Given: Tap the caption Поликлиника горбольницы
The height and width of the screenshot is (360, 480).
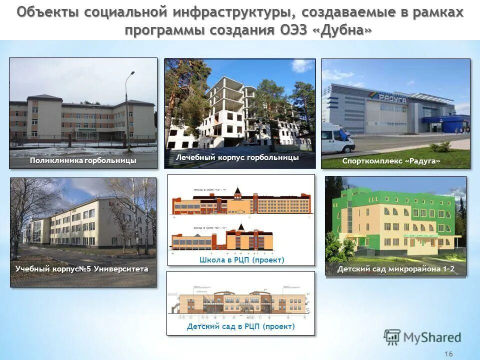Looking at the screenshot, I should pyautogui.click(x=83, y=160).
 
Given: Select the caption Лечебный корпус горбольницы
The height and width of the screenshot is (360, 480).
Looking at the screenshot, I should pyautogui.click(x=237, y=157).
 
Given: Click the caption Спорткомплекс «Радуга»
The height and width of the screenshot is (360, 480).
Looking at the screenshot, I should pyautogui.click(x=391, y=160).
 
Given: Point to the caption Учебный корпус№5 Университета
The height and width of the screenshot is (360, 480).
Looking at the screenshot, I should pyautogui.click(x=82, y=269).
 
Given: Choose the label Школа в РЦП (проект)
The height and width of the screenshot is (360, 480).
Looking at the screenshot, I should pyautogui.click(x=241, y=260).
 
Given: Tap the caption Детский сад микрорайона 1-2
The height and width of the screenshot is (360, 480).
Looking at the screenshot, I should pyautogui.click(x=396, y=269).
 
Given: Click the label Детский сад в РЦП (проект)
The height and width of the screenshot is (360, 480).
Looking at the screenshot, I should pyautogui.click(x=241, y=327).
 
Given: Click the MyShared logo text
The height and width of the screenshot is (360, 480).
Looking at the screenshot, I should pyautogui.click(x=432, y=337).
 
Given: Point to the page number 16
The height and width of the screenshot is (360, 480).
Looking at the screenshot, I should pyautogui.click(x=448, y=354).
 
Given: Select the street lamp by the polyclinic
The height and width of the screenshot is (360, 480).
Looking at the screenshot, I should pyautogui.click(x=128, y=110).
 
